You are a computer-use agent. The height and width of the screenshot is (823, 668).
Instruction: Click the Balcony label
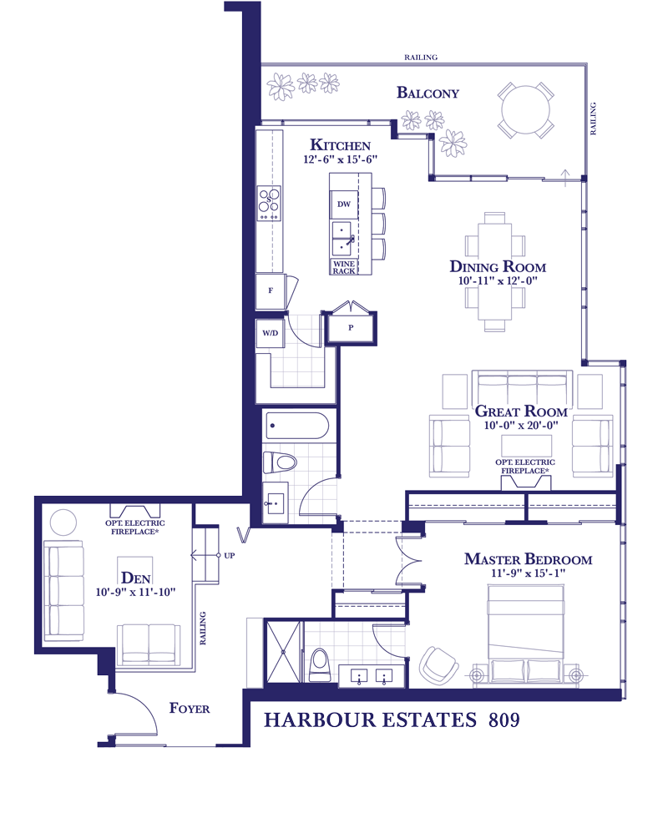click(428, 93)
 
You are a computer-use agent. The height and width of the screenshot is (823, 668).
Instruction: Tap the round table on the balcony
click(525, 111)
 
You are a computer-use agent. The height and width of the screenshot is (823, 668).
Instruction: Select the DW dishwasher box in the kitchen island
click(344, 204)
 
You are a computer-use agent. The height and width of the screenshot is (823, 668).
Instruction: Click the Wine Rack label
click(344, 267)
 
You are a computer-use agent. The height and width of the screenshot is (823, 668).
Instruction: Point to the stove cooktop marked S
click(269, 204)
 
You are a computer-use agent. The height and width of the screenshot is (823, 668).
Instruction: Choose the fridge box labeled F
click(271, 290)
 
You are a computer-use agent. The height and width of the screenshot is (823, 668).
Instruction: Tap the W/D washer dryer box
click(271, 333)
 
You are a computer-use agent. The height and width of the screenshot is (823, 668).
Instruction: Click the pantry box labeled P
click(351, 328)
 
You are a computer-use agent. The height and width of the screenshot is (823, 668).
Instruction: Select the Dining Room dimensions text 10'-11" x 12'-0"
click(498, 280)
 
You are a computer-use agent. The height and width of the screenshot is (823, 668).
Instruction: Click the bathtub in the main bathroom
click(298, 425)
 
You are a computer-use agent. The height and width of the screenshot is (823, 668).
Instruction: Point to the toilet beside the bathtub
click(280, 462)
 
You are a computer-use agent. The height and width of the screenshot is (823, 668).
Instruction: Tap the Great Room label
click(521, 411)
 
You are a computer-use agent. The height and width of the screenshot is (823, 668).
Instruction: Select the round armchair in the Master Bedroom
click(438, 664)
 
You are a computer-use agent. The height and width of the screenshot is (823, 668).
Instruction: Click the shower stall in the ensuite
click(283, 652)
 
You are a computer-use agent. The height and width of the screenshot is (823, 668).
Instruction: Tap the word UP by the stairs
click(230, 555)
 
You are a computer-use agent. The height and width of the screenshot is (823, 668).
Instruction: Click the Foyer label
click(190, 708)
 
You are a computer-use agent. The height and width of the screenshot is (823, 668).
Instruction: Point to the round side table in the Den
click(63, 523)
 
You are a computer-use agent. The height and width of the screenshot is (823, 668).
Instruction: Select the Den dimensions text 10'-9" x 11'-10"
click(135, 592)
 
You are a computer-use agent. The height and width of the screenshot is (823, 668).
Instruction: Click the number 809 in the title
click(504, 719)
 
